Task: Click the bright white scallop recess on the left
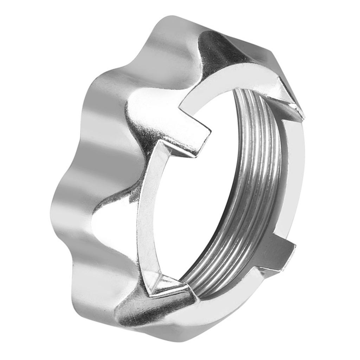(x=105, y=225)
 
